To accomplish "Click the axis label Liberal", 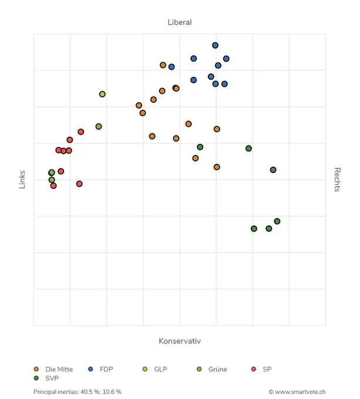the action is (180, 22).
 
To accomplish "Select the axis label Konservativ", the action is (180, 341).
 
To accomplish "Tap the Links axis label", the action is (22, 180).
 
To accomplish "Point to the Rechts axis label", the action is (337, 180).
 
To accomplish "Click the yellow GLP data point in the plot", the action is (102, 94).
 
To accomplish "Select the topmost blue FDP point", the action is (215, 45).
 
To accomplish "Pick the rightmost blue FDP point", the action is (226, 59).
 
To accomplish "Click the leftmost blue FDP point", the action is (171, 67).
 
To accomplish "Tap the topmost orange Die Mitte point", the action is (163, 65).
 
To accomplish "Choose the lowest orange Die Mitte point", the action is (217, 167).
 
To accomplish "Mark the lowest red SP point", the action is (53, 186).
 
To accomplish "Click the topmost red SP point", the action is (80, 132).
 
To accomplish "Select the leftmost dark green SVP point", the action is (200, 147).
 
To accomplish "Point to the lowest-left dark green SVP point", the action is (254, 229).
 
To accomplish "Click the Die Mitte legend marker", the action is (36, 369).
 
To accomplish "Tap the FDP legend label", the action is (106, 369).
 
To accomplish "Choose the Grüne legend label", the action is (218, 369).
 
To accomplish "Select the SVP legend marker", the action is (36, 378).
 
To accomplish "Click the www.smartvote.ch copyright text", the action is (297, 392).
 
